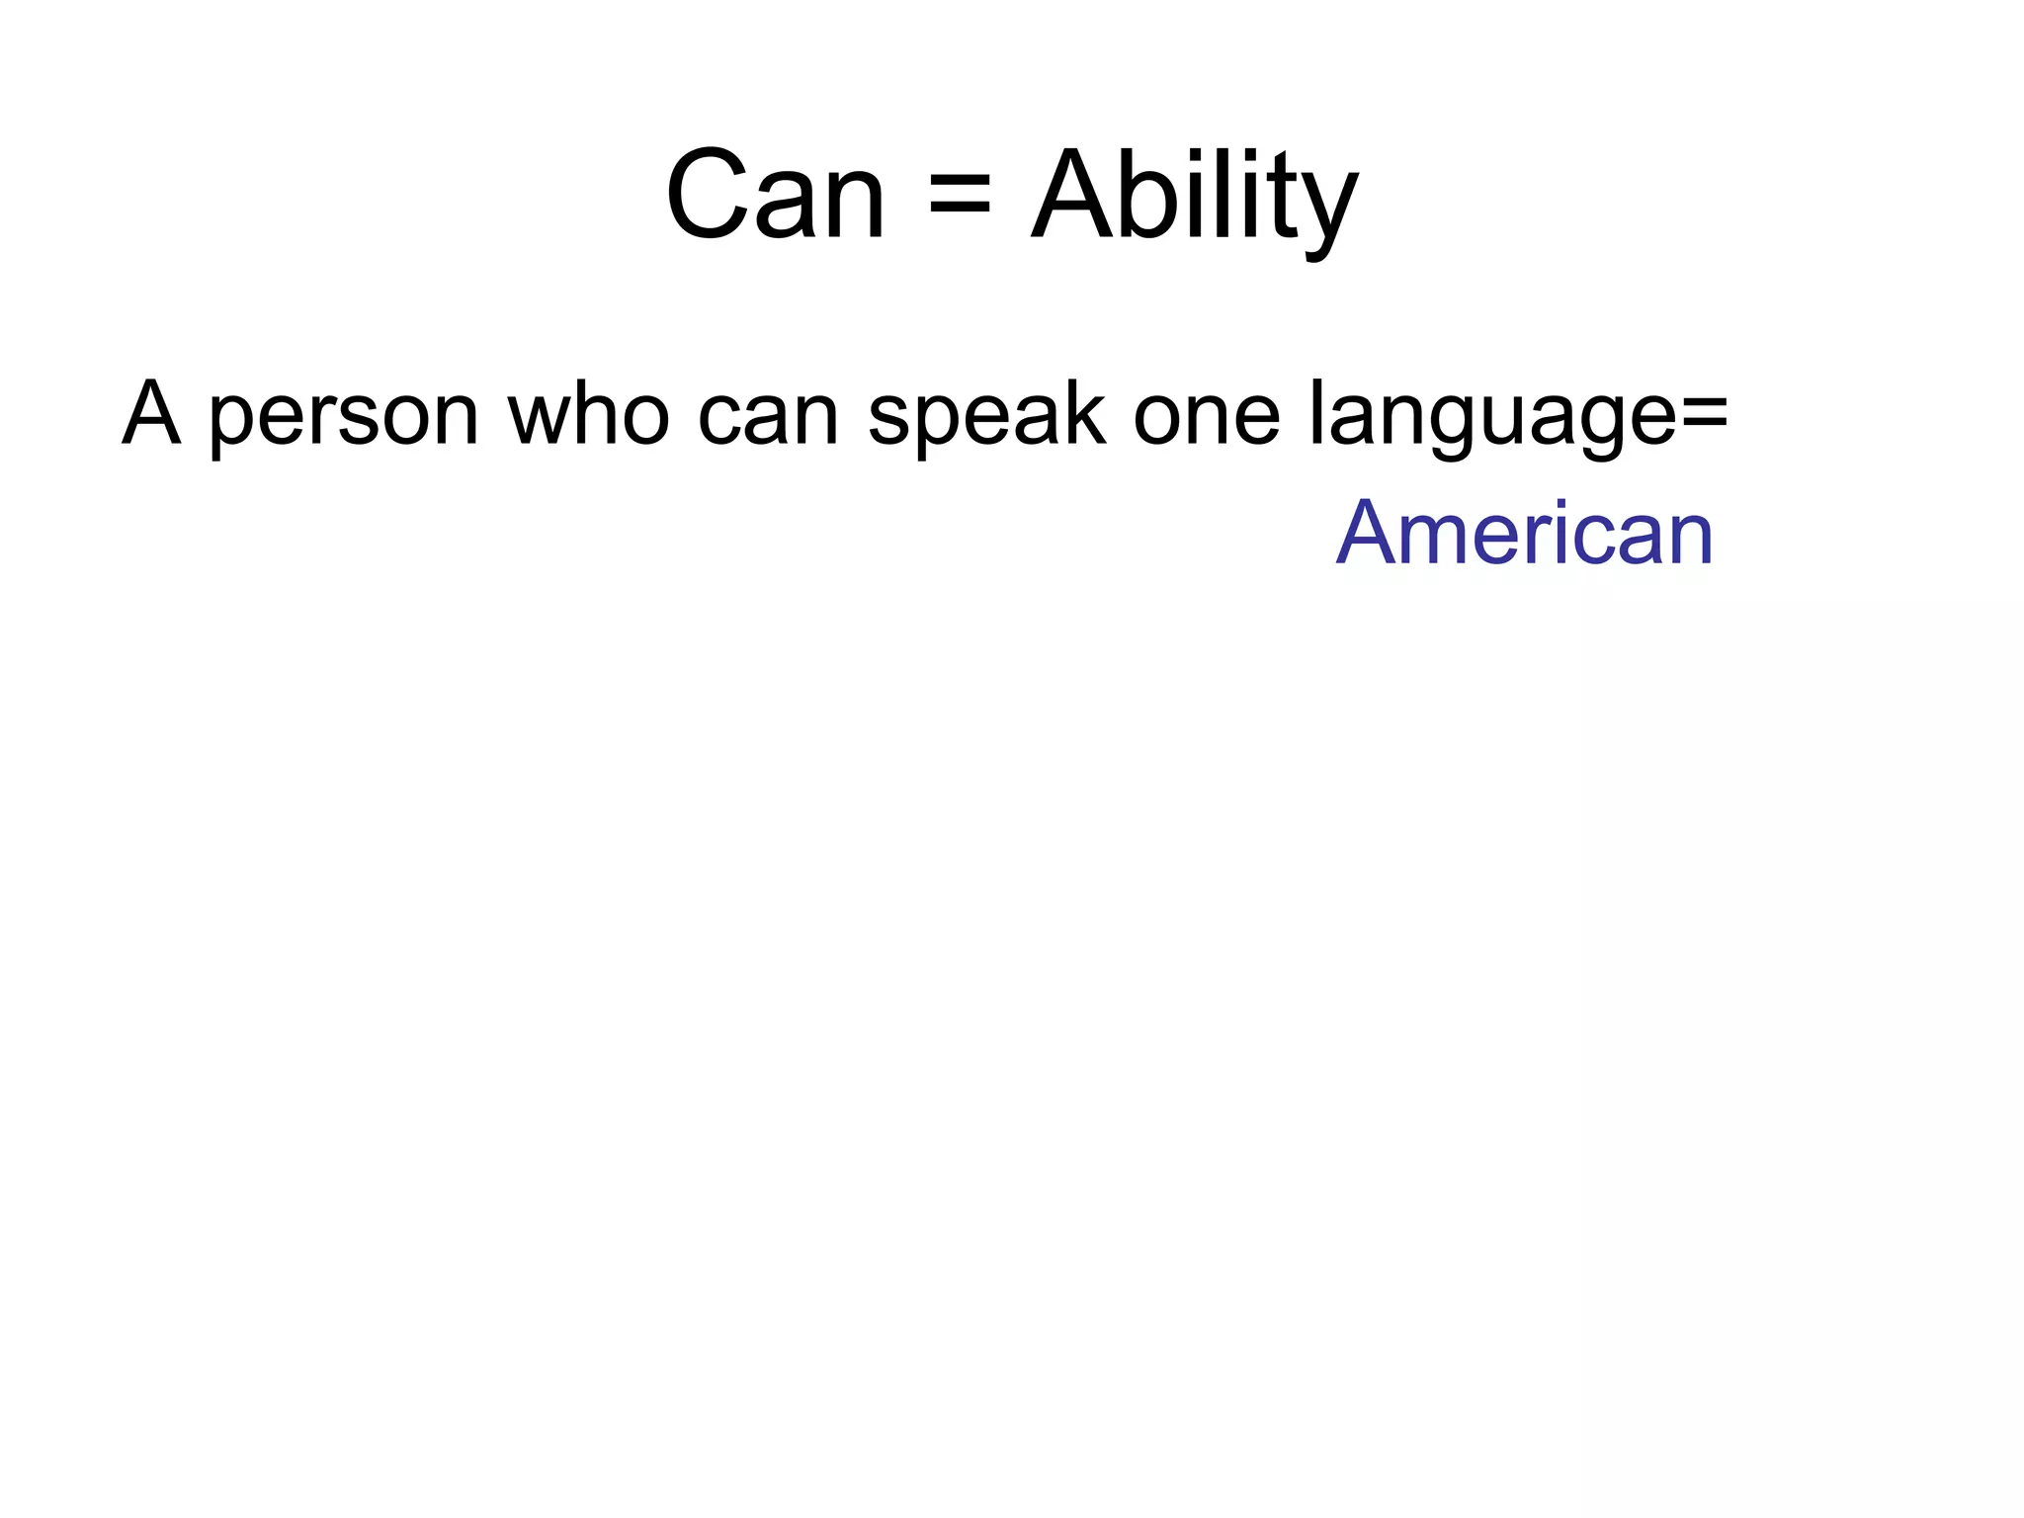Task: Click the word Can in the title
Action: click(x=776, y=195)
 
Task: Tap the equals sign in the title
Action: click(x=959, y=195)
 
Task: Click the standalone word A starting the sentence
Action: click(x=151, y=413)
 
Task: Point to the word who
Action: click(x=589, y=413)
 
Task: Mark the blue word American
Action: click(x=1525, y=534)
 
